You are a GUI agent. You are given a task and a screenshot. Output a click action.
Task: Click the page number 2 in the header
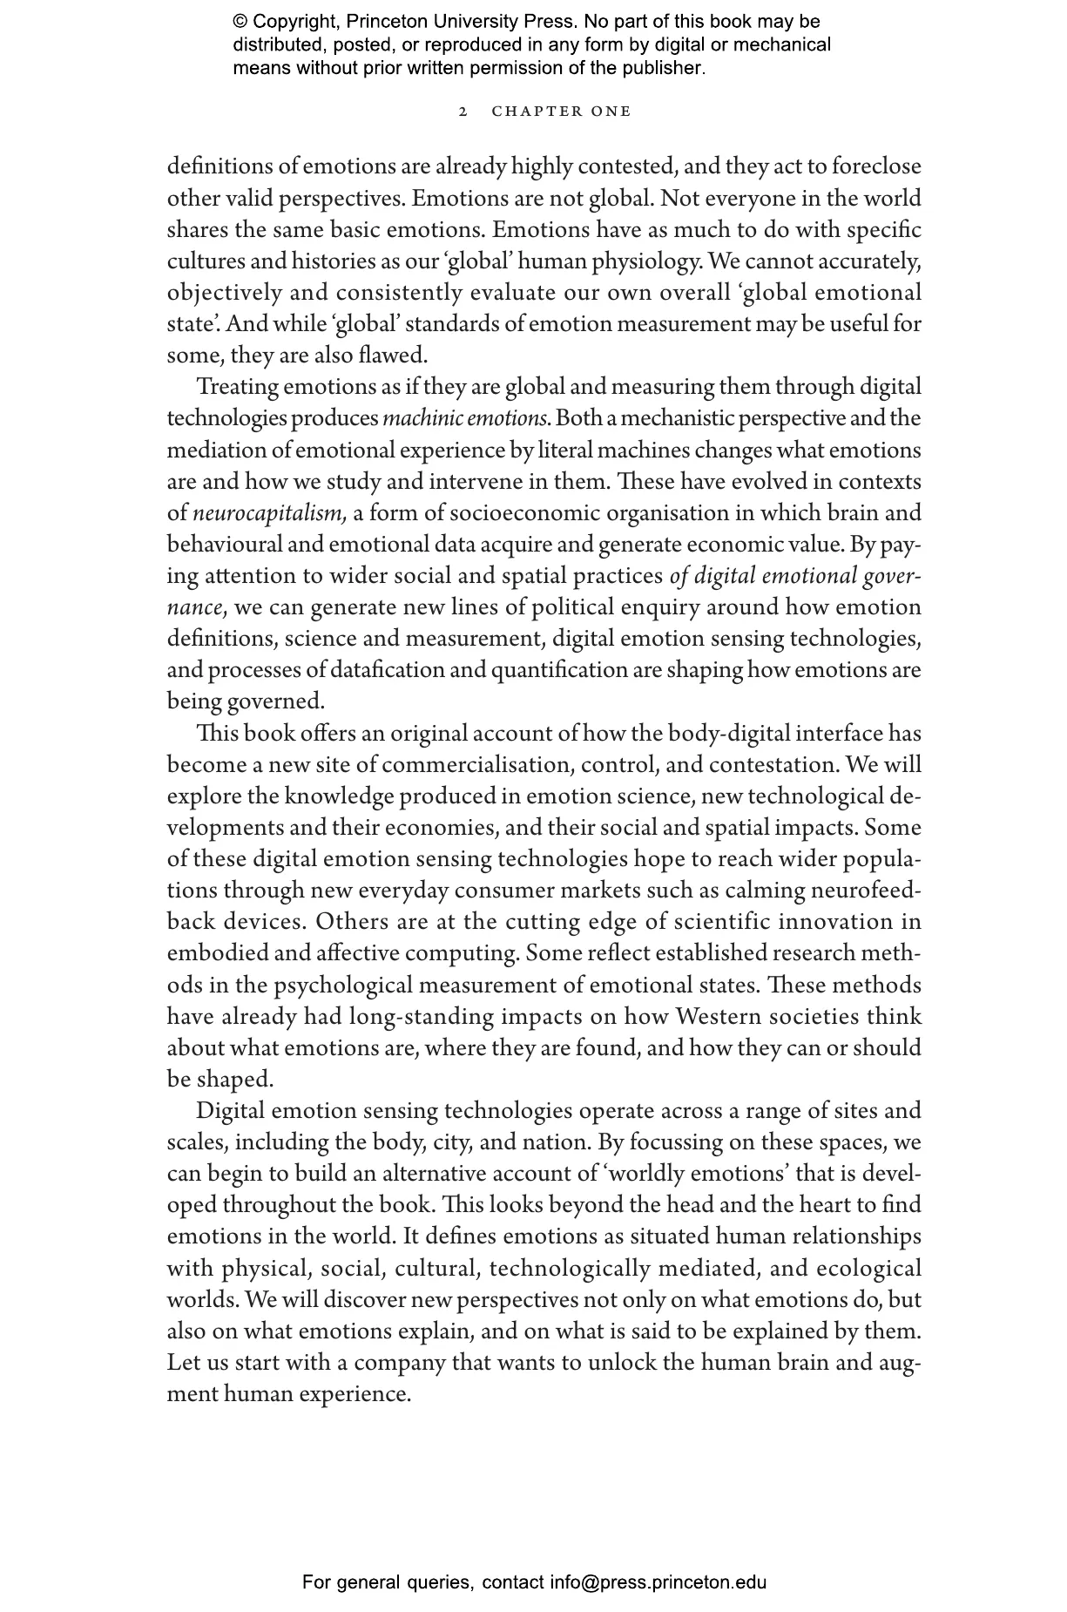(463, 112)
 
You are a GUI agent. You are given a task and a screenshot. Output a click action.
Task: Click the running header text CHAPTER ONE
(561, 112)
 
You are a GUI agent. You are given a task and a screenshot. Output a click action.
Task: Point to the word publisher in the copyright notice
(667, 67)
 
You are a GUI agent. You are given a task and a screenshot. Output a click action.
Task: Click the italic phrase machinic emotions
(466, 419)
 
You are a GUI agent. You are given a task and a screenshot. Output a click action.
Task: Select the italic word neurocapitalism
(270, 513)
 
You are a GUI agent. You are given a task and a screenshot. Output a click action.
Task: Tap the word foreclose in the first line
(876, 166)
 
